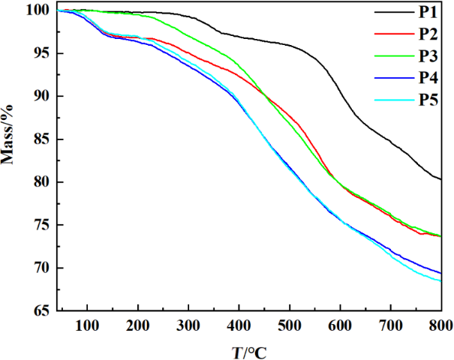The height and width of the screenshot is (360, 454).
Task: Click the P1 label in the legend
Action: [428, 11]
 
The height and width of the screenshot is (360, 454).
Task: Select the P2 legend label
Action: [428, 34]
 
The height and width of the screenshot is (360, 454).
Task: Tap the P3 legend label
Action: [428, 56]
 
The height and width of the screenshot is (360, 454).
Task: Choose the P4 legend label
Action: [428, 78]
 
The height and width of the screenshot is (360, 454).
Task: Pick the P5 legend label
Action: [428, 100]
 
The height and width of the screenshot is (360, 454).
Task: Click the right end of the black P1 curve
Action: [440, 179]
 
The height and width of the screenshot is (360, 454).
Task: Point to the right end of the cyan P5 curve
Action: [440, 280]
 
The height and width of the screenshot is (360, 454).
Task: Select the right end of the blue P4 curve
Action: [440, 273]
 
